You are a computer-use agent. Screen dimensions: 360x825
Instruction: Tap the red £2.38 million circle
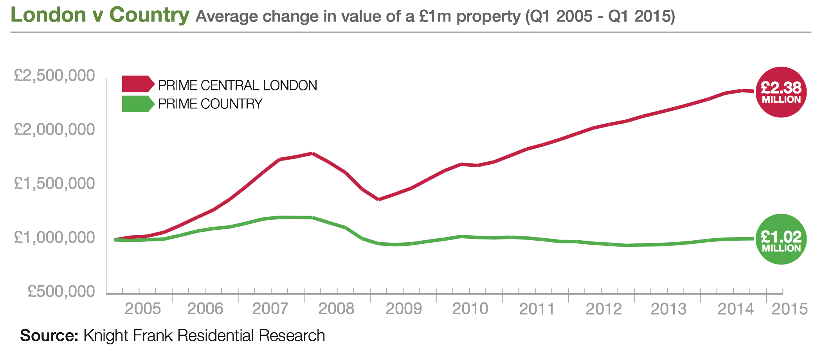[781, 92]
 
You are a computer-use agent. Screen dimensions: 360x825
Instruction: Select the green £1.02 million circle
[781, 239]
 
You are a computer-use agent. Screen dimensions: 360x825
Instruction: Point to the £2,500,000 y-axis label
[54, 76]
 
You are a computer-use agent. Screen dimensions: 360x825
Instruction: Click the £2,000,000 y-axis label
[54, 130]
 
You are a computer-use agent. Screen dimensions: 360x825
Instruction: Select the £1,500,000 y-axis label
[54, 184]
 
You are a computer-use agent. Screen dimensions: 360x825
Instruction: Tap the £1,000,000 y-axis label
[54, 238]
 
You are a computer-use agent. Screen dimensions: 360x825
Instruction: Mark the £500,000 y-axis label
[61, 292]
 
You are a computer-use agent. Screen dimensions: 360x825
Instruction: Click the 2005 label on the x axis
[142, 309]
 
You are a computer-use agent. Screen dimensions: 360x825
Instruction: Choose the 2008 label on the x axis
[336, 309]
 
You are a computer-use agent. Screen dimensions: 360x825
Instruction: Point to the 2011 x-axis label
[537, 309]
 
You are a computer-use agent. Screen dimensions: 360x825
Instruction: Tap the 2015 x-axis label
[789, 309]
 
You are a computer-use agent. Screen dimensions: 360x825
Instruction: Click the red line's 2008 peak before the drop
[312, 153]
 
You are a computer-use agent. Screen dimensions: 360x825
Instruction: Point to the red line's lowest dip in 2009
[378, 200]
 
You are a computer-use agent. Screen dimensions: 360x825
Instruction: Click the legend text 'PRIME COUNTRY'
[210, 104]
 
